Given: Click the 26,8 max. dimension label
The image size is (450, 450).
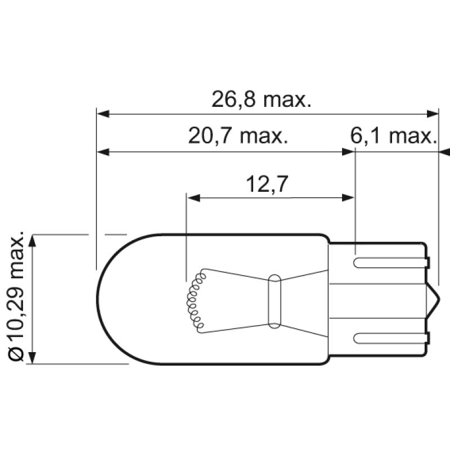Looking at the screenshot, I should click(261, 100).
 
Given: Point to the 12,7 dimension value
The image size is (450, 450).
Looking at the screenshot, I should click(267, 184).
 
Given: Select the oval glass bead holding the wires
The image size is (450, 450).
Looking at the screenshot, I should click(274, 301).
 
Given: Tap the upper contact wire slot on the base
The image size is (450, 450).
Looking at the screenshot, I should click(388, 262).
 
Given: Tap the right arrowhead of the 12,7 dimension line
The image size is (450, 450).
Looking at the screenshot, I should click(349, 197).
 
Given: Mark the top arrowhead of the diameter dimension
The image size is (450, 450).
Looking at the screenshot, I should click(33, 240).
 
